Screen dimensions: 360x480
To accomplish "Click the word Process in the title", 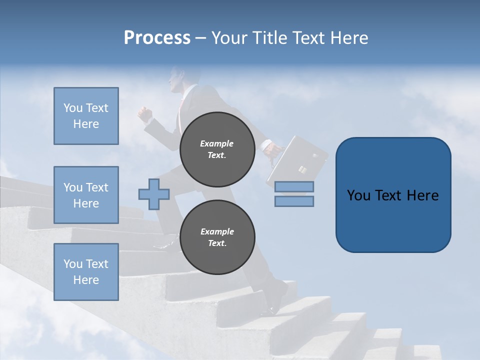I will [157, 38].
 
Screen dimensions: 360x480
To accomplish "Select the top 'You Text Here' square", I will [86, 116].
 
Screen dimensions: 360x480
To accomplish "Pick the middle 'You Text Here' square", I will [86, 195].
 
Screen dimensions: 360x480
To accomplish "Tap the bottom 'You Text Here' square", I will [86, 272].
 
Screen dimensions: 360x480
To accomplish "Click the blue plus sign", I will [154, 194].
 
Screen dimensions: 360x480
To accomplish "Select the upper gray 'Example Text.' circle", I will [217, 149].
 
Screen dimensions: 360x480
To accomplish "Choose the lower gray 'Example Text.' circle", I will [217, 237].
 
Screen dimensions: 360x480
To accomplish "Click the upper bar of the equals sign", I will [294, 186].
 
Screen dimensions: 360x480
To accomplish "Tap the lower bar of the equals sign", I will [294, 201].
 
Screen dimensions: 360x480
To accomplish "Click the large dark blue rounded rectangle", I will [393, 195].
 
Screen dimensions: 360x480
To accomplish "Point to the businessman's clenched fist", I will [145, 114].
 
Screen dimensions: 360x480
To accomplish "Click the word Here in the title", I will [348, 38].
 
